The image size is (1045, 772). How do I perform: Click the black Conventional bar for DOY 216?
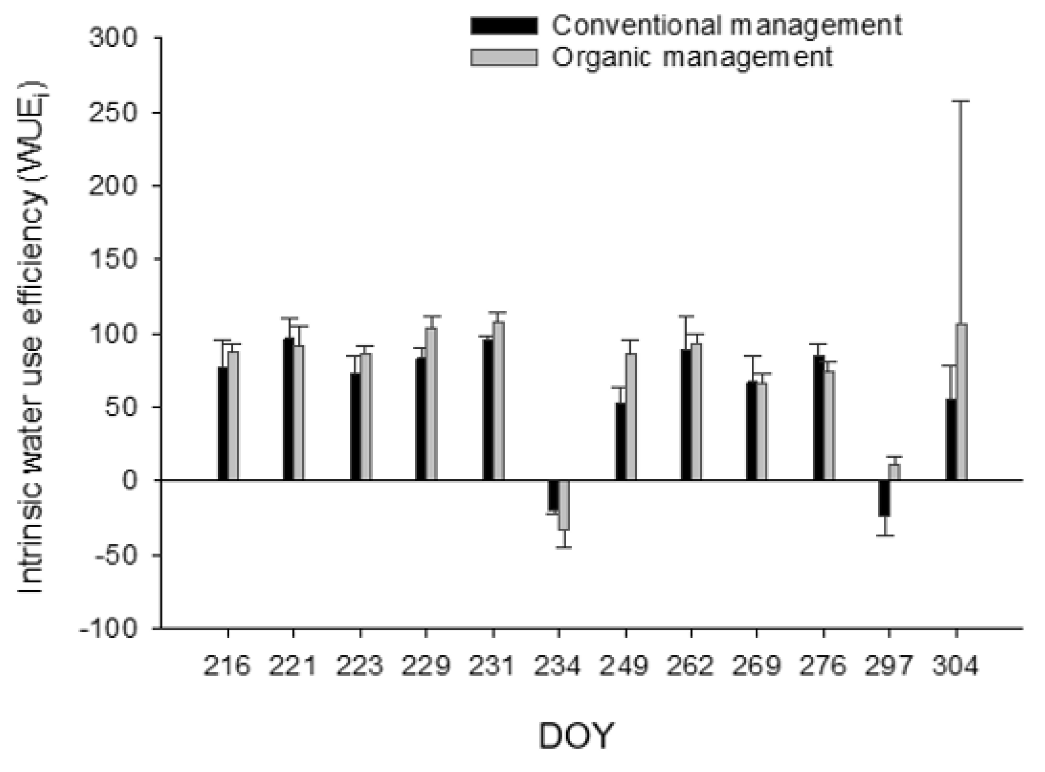223,423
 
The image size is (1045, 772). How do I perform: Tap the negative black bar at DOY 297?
884,498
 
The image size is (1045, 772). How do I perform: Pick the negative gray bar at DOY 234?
564,505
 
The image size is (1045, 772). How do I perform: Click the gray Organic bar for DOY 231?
498,401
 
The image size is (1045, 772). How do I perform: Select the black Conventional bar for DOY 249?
621,441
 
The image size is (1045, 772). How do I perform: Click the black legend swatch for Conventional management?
504,26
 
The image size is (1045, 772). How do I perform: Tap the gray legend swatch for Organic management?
504,57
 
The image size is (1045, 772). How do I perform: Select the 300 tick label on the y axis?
113,38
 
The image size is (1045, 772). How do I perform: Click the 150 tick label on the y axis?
113,259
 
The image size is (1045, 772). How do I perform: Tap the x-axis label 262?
690,666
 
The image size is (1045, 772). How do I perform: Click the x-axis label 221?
293,666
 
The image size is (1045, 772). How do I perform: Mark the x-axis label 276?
823,666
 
